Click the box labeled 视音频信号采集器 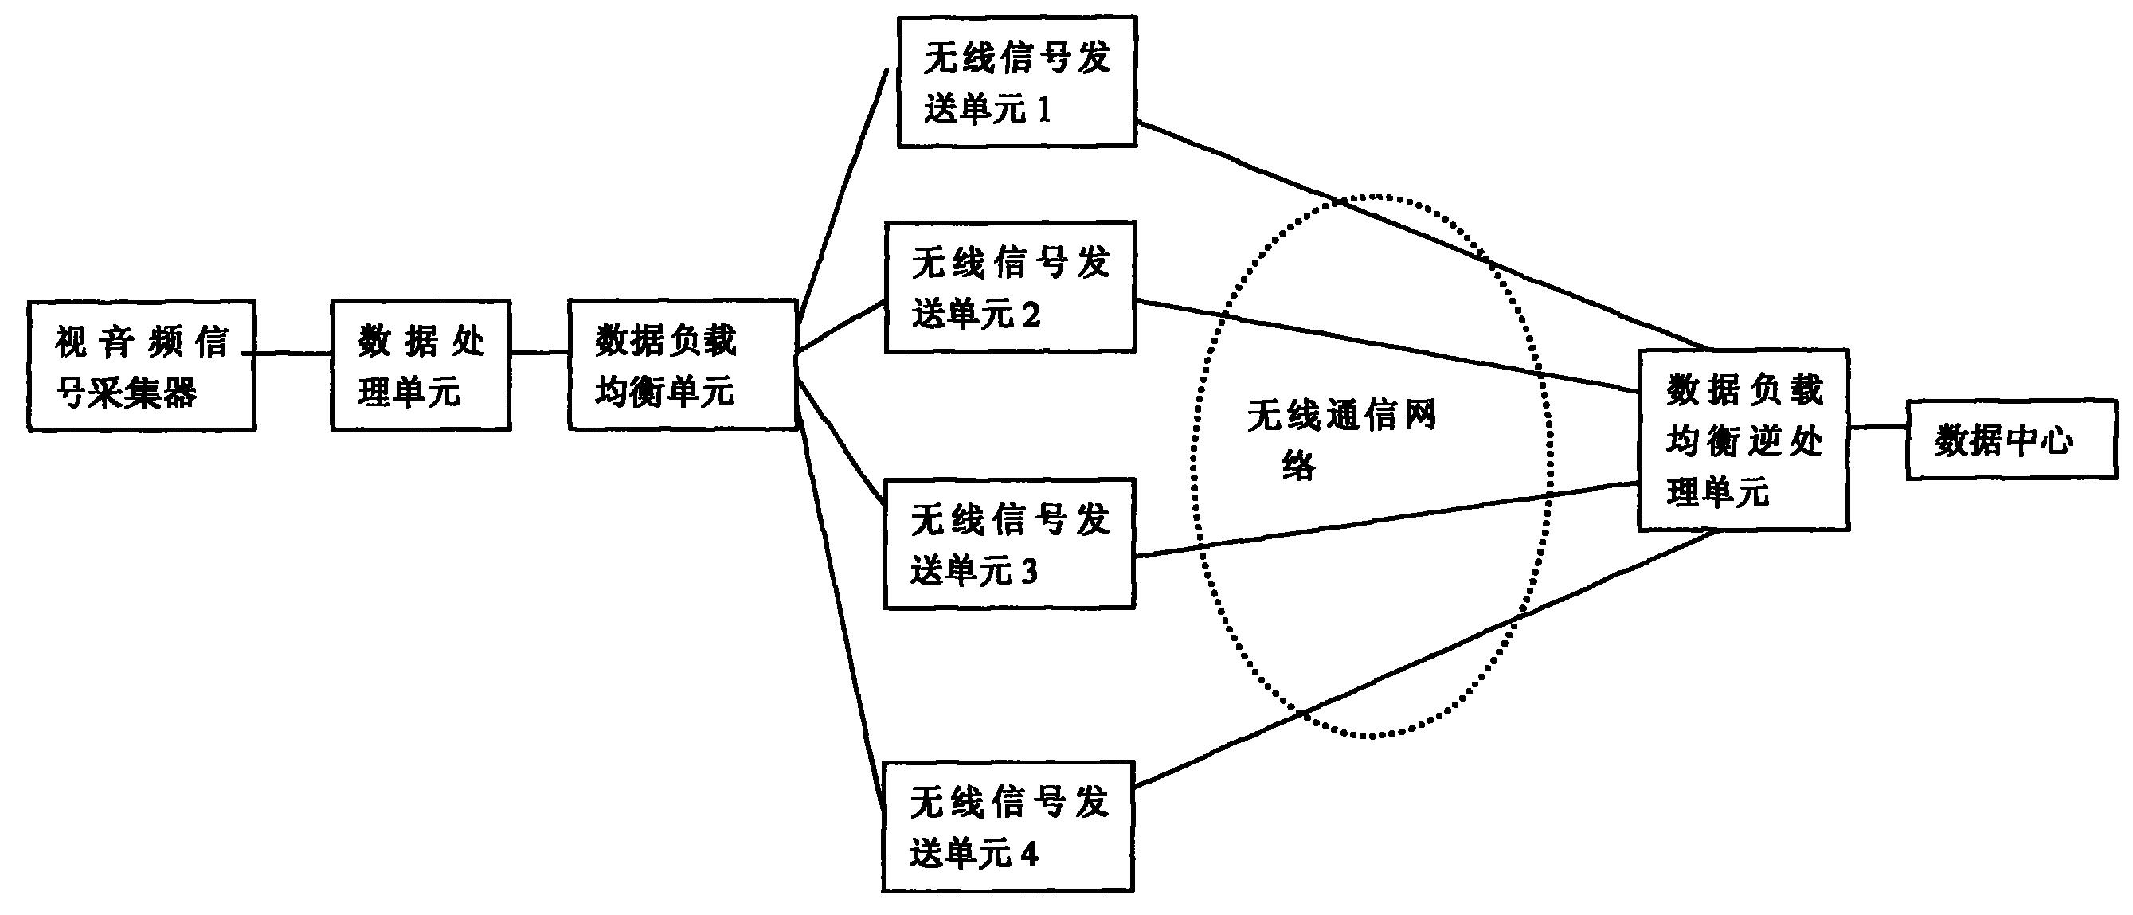142,366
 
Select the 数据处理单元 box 421,366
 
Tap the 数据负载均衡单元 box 683,365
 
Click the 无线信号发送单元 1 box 1017,82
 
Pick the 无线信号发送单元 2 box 1010,287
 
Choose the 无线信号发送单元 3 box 1009,543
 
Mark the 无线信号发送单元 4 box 1008,827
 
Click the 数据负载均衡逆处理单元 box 1744,440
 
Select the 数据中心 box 2012,440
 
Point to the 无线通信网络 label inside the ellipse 1341,440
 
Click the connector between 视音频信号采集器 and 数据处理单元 293,354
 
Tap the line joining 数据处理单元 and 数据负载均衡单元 540,354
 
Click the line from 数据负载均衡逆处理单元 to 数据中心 1879,428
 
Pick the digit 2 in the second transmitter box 1031,315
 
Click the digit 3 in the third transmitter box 1028,571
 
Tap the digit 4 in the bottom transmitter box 1029,854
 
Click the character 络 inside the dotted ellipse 1298,466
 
